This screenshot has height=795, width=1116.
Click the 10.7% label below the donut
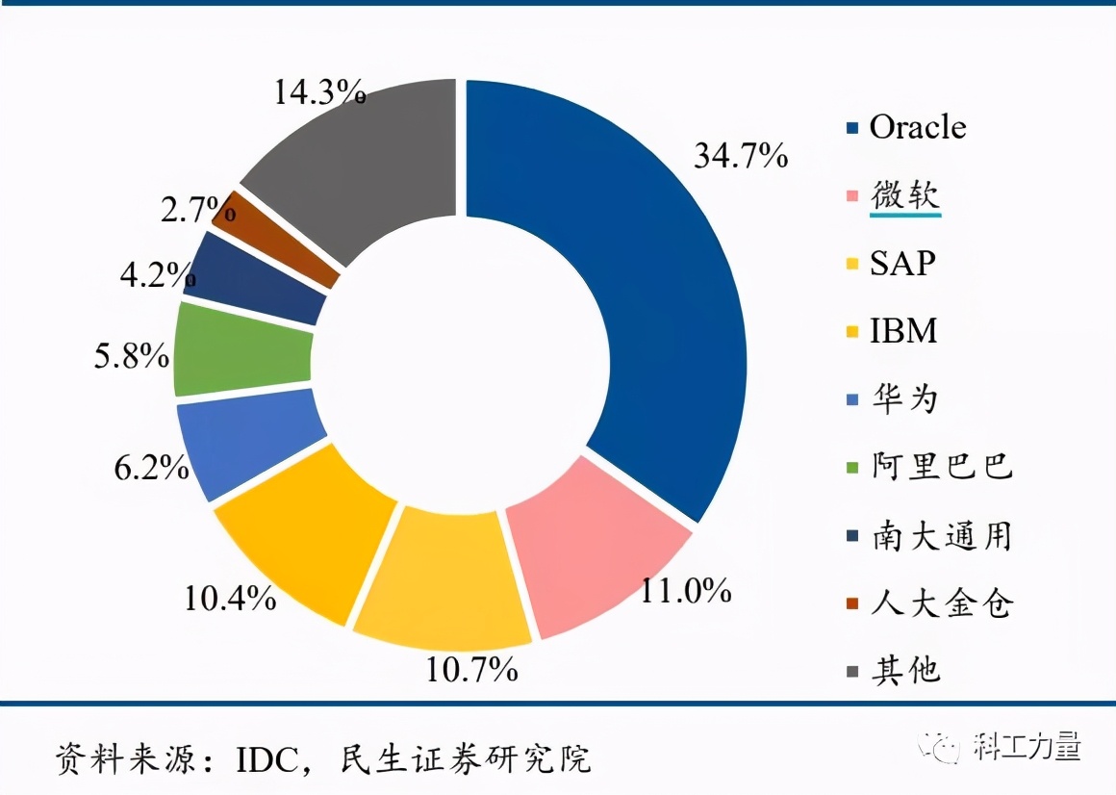coord(471,668)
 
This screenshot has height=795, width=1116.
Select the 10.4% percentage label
coord(230,599)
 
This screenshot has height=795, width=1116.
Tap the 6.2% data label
coord(151,468)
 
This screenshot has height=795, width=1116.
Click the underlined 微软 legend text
coord(904,195)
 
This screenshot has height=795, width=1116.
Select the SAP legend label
coord(901,263)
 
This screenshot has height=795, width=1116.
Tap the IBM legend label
coord(902,331)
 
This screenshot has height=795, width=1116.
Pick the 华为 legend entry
coord(903,398)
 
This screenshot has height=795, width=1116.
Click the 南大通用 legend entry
coord(941,535)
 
